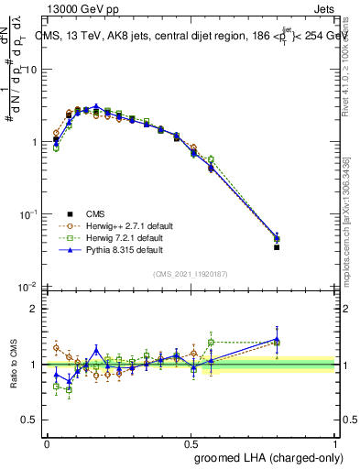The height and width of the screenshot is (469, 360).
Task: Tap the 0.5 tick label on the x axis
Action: pos(191,443)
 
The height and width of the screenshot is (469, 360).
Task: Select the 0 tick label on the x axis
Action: pos(47,443)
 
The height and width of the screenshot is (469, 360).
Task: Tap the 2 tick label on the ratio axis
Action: pos(34,309)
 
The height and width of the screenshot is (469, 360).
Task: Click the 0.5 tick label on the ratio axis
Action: pos(30,420)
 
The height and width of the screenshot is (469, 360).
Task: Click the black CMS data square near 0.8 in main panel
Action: pos(277,247)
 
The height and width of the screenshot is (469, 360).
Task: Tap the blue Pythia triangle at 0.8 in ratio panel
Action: pos(277,339)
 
